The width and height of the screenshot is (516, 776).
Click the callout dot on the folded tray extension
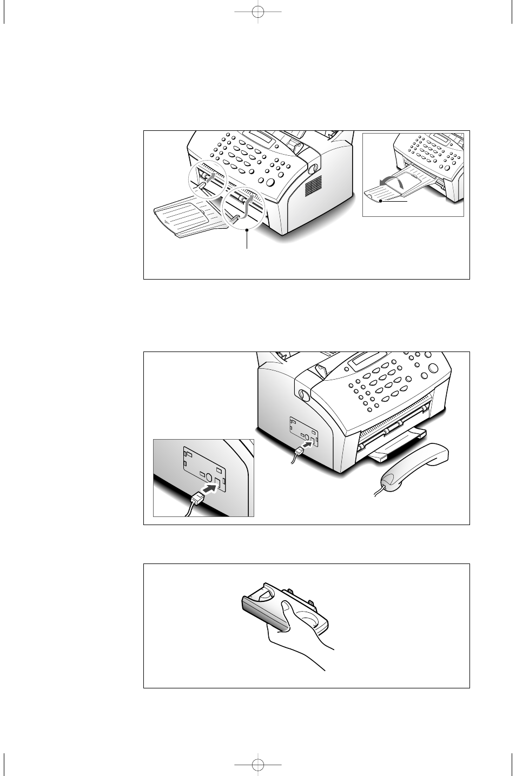(x=381, y=201)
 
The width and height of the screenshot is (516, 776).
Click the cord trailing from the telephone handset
(x=382, y=490)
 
